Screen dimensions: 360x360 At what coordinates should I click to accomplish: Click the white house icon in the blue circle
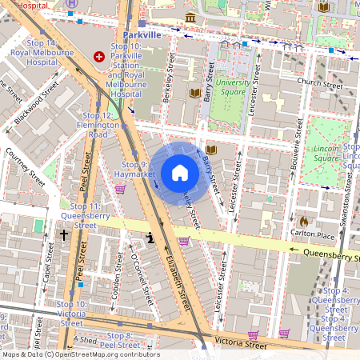180,173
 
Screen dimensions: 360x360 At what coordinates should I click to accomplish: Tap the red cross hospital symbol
99,57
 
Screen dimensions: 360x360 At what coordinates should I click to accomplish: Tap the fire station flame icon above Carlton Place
303,220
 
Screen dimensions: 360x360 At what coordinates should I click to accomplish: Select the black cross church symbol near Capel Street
64,235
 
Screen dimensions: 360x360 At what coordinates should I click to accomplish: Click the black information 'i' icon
150,238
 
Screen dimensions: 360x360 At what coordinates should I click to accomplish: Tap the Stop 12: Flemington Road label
98,126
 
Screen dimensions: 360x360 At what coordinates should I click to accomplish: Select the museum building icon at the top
190,18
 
